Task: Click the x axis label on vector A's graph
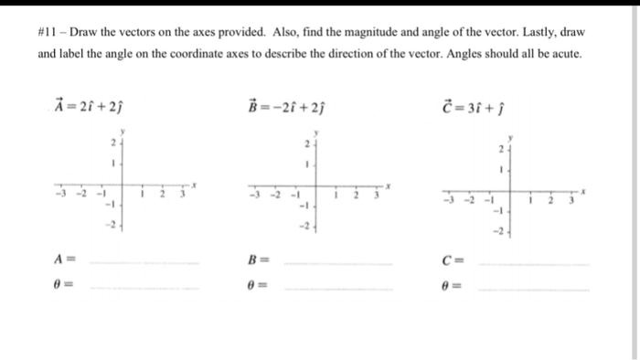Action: click(x=194, y=185)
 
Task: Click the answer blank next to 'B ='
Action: click(x=338, y=262)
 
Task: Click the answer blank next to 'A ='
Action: click(x=146, y=262)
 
